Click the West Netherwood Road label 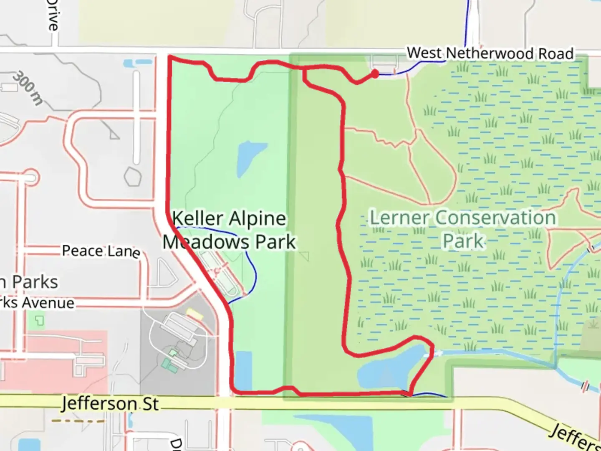click(x=490, y=53)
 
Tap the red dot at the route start click(x=375, y=74)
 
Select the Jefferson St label click(x=110, y=404)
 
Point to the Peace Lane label click(x=101, y=251)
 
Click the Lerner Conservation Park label click(x=463, y=229)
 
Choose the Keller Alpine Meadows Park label click(x=229, y=230)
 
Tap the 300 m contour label click(x=28, y=88)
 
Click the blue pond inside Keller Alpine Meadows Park click(x=249, y=158)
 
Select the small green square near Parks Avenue click(x=39, y=321)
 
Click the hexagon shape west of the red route click(x=133, y=177)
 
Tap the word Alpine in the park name click(x=258, y=219)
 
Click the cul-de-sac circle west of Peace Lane click(x=30, y=178)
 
